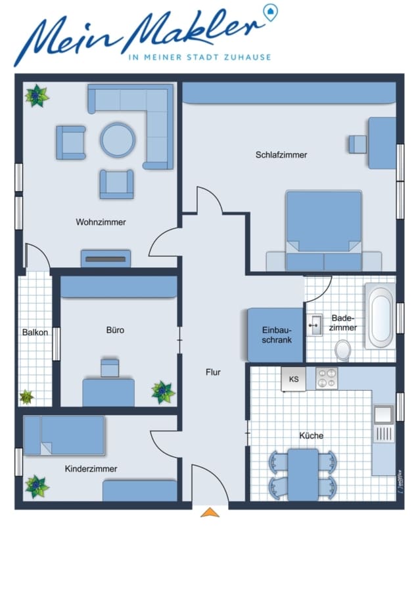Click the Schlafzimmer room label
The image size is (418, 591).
(281, 155)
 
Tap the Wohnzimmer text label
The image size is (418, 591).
(101, 222)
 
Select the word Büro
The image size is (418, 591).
(115, 330)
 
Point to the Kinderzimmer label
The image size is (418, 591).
(91, 469)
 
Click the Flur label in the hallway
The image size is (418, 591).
(213, 372)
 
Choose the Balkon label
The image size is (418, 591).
(35, 332)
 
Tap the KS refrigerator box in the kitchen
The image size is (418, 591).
(294, 379)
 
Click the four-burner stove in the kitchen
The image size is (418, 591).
(327, 378)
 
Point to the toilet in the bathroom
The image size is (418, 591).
(343, 350)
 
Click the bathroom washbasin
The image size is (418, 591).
(314, 325)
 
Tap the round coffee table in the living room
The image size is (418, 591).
(118, 139)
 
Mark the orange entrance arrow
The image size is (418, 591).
(210, 513)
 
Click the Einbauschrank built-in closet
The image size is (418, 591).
(276, 335)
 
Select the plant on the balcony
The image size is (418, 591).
(26, 397)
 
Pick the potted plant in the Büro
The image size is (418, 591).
(163, 392)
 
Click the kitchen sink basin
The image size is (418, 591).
(383, 414)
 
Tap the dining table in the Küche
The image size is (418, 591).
(303, 475)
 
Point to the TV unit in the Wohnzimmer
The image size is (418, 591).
(106, 259)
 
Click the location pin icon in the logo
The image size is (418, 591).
(270, 12)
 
